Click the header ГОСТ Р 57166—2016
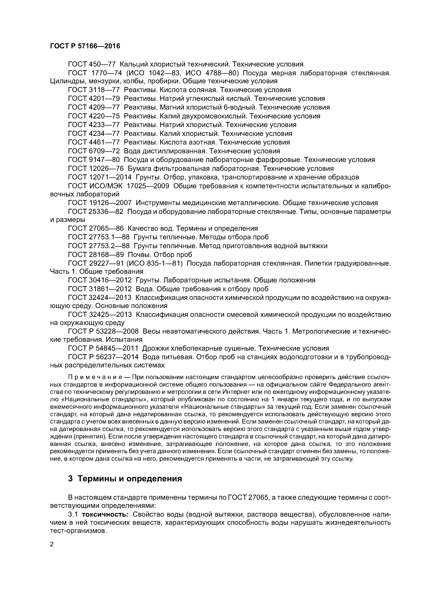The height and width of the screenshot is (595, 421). [85, 46]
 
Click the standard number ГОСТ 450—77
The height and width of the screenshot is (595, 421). [92, 64]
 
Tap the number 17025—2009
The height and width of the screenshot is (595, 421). [148, 186]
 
